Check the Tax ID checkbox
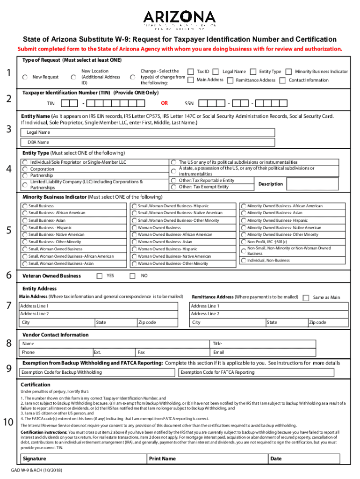coord(191,72)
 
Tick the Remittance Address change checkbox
coord(230,80)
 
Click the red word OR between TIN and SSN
coord(164,102)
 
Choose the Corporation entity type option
coord(25,169)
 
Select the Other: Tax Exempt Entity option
coord(173,187)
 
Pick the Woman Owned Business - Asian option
coord(134,242)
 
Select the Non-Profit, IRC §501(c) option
coord(244,242)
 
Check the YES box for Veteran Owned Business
coord(100,276)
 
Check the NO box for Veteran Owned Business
coord(132,276)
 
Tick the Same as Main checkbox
coord(306,298)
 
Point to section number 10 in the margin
coord(8,423)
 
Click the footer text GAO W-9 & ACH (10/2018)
coord(37,471)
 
